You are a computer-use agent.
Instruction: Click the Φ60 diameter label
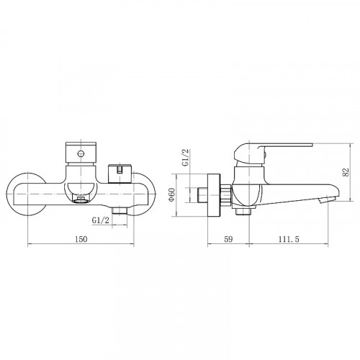click(174, 195)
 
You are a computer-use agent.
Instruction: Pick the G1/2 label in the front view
click(102, 220)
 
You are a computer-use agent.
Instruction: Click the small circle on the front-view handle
click(79, 153)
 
